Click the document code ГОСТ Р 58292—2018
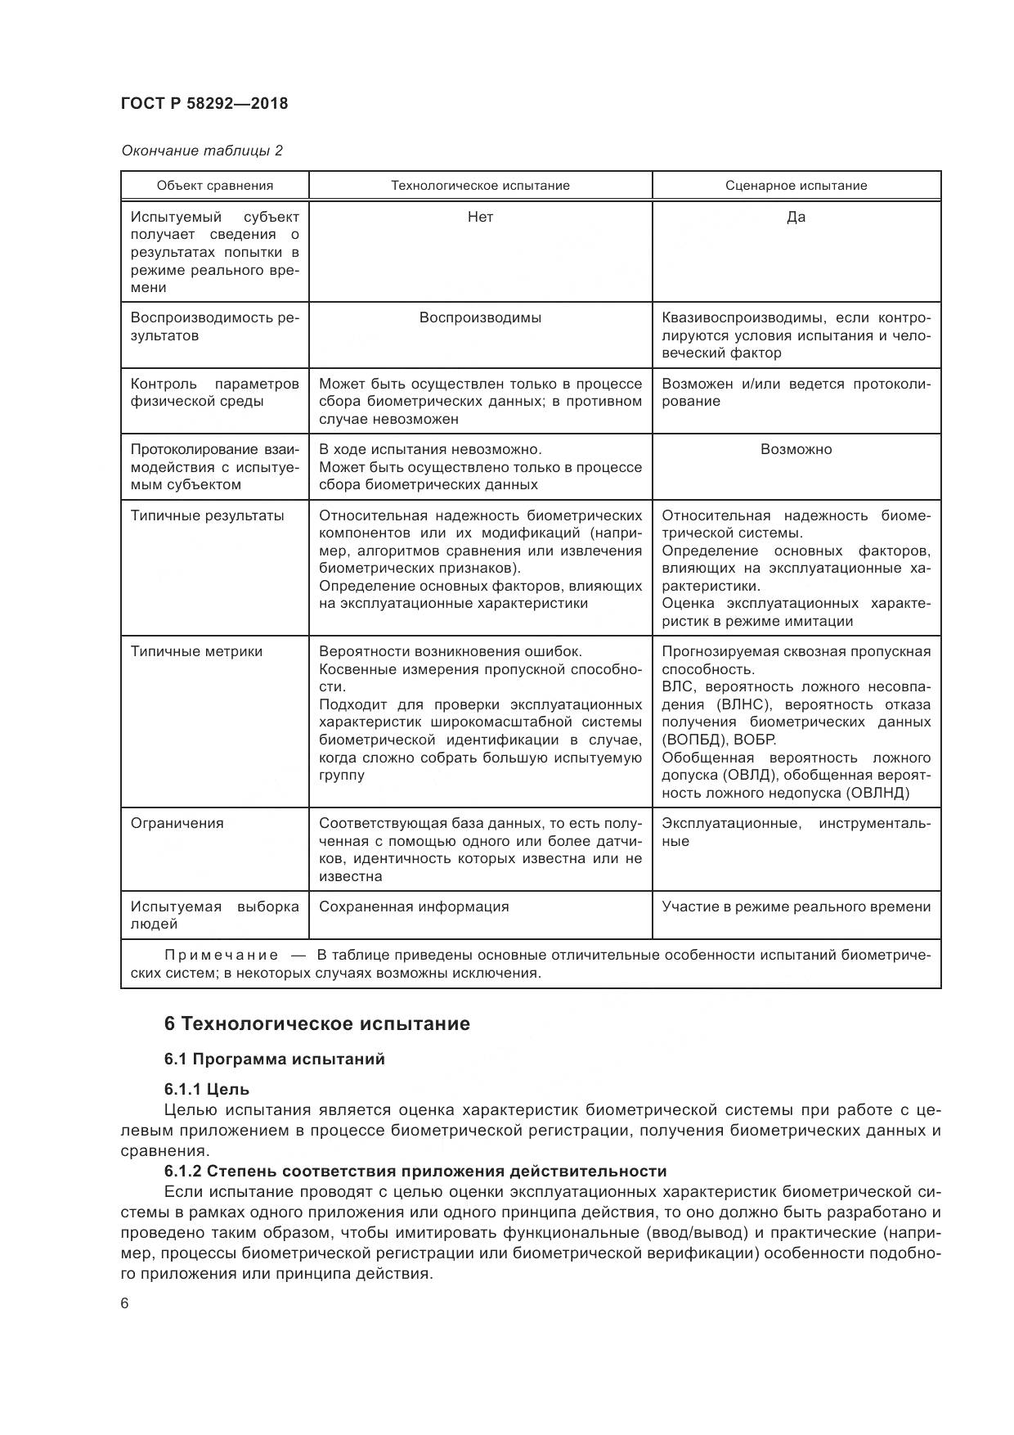pos(204,104)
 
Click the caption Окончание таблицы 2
pos(202,151)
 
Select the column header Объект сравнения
pos(215,186)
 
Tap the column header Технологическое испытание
pos(480,186)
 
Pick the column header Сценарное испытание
pos(796,186)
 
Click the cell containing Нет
pos(480,217)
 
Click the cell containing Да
pos(796,217)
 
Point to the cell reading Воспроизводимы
pos(480,317)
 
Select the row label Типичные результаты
pos(208,515)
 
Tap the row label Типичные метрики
pos(197,651)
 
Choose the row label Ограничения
pos(177,823)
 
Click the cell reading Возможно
pos(796,449)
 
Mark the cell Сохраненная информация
pos(414,906)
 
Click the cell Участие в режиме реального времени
pos(796,906)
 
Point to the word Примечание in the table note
pos(222,956)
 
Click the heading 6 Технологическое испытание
pos(317,1024)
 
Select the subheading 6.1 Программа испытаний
pos(274,1059)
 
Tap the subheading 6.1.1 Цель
pos(207,1090)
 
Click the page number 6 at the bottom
pos(125,1304)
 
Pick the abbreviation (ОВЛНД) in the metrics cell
pos(877,793)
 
